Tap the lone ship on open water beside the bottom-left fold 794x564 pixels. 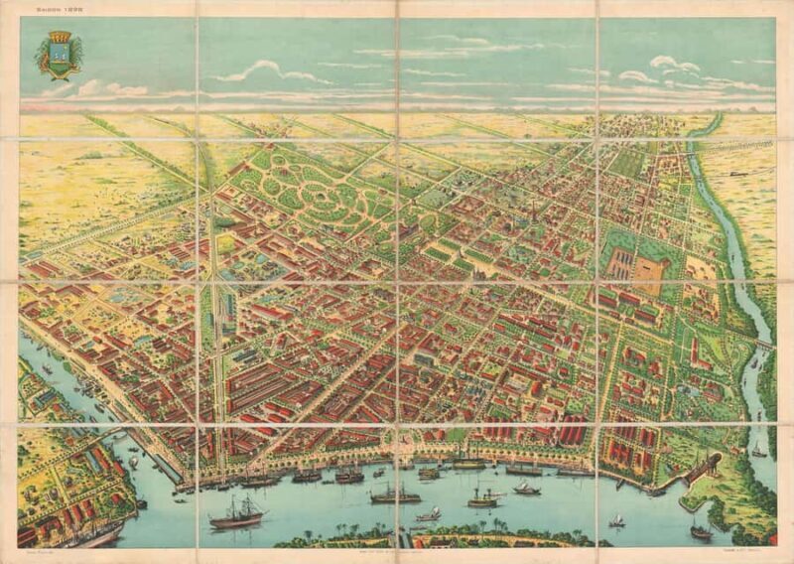tap(235, 512)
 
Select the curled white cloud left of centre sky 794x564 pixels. tap(260, 70)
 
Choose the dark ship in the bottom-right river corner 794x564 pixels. tap(701, 530)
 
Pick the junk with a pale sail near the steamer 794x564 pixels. tap(429, 513)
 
